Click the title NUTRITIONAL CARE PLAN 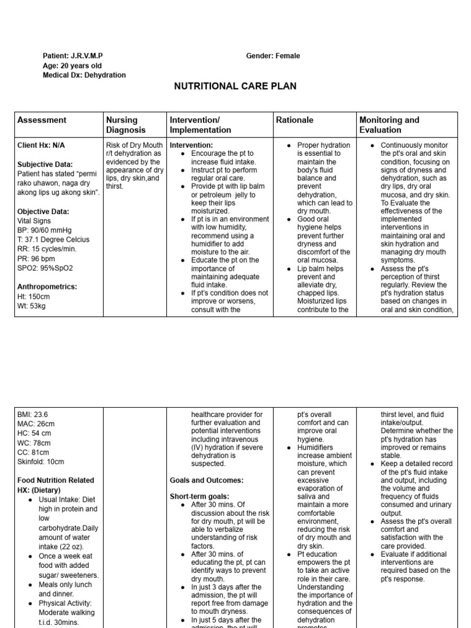point(235,86)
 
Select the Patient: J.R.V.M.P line point(73,56)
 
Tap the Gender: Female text point(273,56)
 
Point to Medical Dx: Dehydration point(84,75)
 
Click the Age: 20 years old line point(72,66)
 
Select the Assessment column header point(42,120)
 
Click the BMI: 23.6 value point(33,415)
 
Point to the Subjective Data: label point(45,164)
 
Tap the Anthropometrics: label point(48,286)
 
